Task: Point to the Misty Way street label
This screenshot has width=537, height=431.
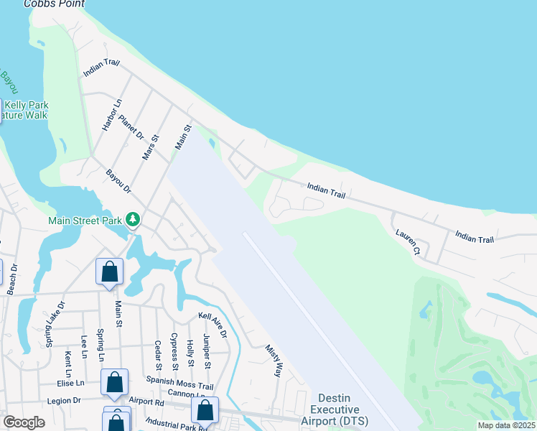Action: (x=274, y=360)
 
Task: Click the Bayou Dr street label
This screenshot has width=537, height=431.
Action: (x=118, y=181)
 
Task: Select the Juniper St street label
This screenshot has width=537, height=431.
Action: (x=207, y=352)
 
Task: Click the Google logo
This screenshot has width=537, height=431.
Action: (x=24, y=422)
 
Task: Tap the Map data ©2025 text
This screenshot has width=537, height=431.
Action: (x=506, y=425)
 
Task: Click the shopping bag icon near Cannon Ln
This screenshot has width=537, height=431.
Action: (x=205, y=410)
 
